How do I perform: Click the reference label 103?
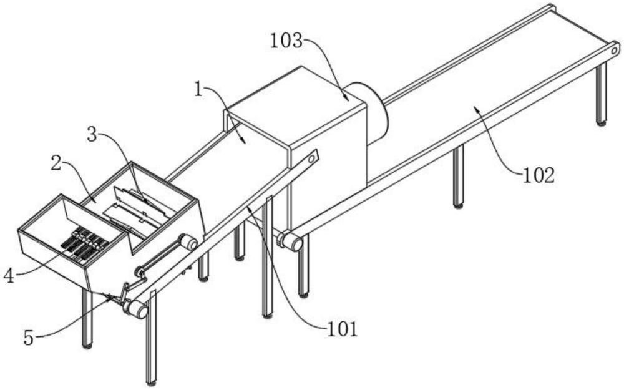tap(286, 42)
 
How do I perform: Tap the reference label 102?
tap(539, 175)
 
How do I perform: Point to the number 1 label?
tap(198, 89)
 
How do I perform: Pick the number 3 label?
tap(92, 135)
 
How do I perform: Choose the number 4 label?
tap(8, 275)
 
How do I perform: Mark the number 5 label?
tap(29, 338)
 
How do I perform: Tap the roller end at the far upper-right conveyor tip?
tap(615, 49)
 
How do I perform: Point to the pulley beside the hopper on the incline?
tap(188, 241)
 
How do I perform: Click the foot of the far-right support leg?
tap(601, 122)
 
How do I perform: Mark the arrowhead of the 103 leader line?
tap(347, 99)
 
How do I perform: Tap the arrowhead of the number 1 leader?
tap(245, 142)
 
